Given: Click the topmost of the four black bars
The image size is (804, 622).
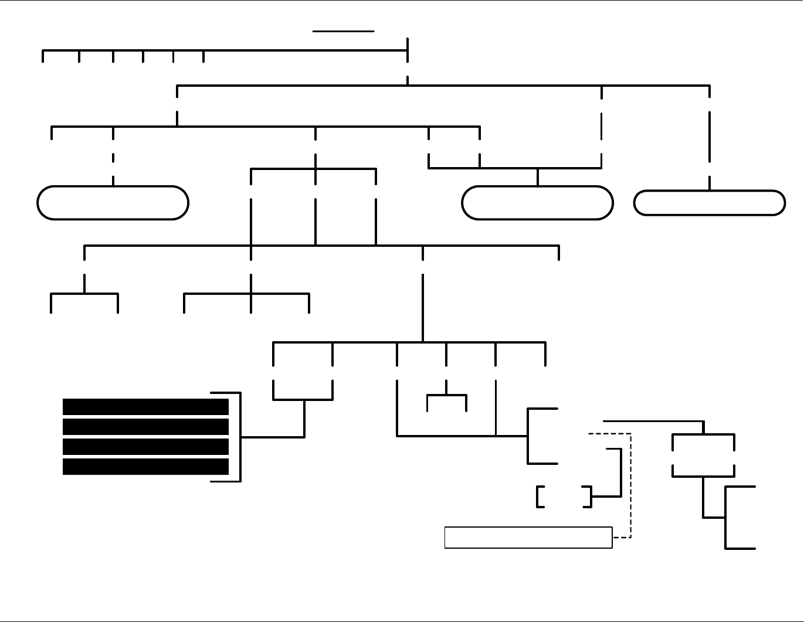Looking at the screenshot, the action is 145,407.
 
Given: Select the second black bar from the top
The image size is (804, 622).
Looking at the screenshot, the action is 145,427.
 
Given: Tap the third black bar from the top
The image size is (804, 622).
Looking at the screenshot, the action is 145,447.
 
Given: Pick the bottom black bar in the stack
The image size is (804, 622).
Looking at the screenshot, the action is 145,467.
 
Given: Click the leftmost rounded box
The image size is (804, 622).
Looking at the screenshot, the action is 113,203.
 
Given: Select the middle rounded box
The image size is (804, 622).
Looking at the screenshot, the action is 537,203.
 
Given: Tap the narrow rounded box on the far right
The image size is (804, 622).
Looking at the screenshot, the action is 710,203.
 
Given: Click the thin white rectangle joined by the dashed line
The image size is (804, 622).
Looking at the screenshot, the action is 528,538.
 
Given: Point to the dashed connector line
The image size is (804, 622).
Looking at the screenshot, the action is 630,487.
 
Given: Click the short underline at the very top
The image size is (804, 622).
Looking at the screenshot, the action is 344,30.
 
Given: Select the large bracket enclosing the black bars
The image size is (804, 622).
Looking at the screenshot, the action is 240,437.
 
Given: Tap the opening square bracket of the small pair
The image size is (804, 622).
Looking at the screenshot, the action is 538,497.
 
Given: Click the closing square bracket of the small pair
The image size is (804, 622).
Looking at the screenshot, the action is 589,497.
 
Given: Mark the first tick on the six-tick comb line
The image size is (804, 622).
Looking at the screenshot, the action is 43,56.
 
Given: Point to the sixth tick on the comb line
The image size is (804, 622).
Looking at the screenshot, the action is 203,56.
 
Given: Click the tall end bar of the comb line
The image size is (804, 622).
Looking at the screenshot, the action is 408,49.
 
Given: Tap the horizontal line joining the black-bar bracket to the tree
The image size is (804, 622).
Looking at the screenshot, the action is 273,437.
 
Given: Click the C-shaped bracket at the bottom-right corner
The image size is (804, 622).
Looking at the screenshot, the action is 727,518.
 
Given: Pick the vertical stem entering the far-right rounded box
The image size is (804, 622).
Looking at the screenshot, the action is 710,183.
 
